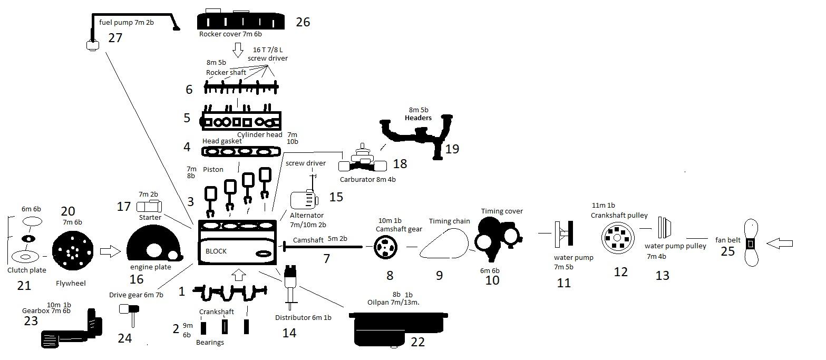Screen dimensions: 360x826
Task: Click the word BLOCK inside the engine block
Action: point(216,251)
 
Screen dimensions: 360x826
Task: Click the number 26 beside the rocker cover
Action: point(303,22)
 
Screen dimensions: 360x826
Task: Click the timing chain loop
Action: point(444,245)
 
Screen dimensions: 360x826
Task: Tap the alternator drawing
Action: point(304,201)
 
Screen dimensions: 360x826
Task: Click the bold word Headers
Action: point(418,118)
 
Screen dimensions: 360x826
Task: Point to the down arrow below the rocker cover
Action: point(238,51)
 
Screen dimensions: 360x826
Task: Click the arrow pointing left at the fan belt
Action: point(780,244)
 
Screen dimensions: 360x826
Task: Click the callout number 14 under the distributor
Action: point(289,333)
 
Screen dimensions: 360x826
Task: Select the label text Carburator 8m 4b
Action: point(367,179)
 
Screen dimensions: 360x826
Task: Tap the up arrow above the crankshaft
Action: point(239,274)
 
